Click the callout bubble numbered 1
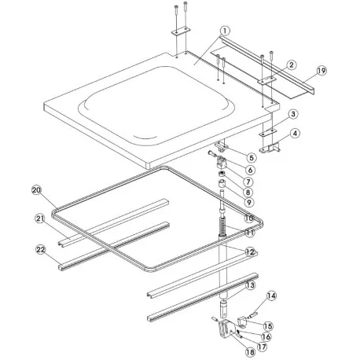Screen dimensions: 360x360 225,31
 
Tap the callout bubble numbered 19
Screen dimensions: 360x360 321,71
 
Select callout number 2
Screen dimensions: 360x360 292,64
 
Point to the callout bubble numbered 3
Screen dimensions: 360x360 293,114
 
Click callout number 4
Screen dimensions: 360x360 295,134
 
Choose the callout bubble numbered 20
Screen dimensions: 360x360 37,189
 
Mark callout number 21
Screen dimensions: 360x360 40,219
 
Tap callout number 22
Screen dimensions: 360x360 41,250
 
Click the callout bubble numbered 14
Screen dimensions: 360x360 271,296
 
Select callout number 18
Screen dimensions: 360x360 250,352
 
